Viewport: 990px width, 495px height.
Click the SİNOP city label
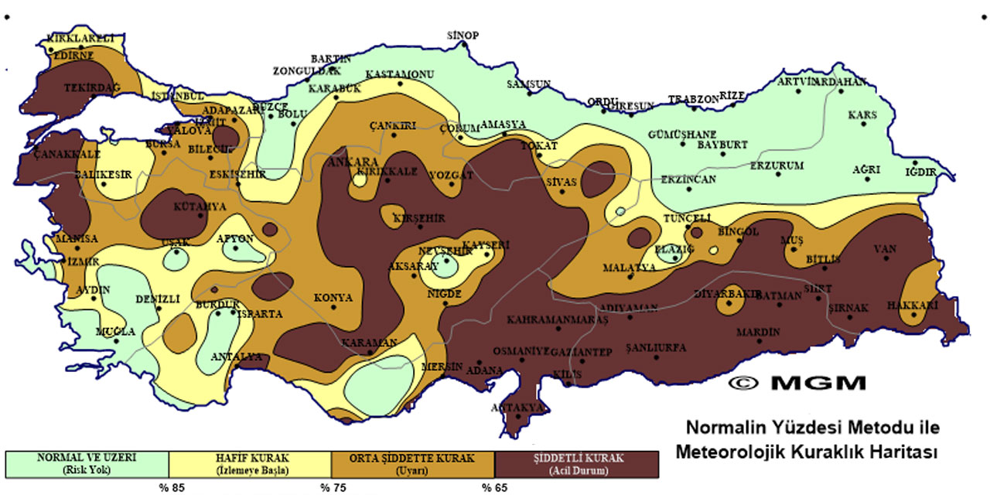tap(464, 36)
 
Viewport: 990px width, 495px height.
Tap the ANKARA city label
tap(350, 162)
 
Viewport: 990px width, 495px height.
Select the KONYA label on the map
tap(333, 297)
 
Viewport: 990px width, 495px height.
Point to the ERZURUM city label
tap(777, 166)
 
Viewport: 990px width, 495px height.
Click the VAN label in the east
tap(885, 249)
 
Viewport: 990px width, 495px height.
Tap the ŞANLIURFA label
tap(656, 348)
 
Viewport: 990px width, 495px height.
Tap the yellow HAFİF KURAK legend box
tap(250, 463)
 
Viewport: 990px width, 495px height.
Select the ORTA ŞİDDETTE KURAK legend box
tap(412, 463)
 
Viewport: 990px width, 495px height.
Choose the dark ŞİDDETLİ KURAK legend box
tap(577, 463)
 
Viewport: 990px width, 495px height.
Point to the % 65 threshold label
tap(496, 487)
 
